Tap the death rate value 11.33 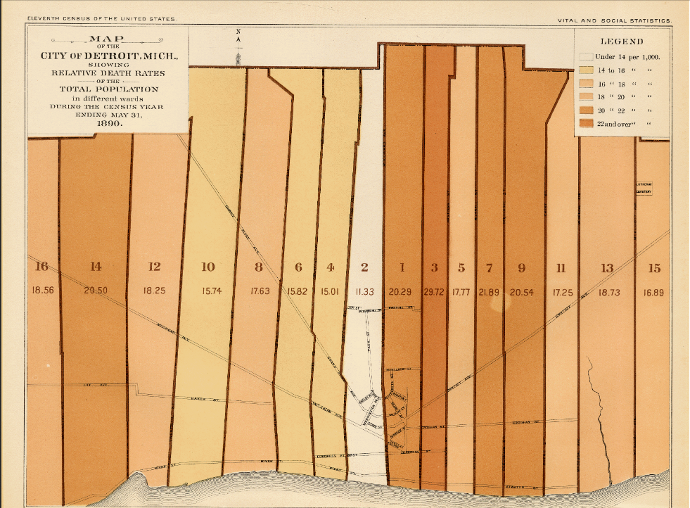click(365, 291)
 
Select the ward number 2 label click(364, 267)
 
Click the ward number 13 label click(607, 267)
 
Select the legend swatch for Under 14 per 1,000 click(584, 57)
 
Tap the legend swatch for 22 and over click(584, 124)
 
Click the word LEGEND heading click(621, 42)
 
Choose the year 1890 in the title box click(108, 122)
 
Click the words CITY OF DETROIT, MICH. click(108, 56)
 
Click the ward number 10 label click(207, 267)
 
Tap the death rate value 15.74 click(208, 291)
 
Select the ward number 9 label click(521, 267)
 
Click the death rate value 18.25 click(154, 291)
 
